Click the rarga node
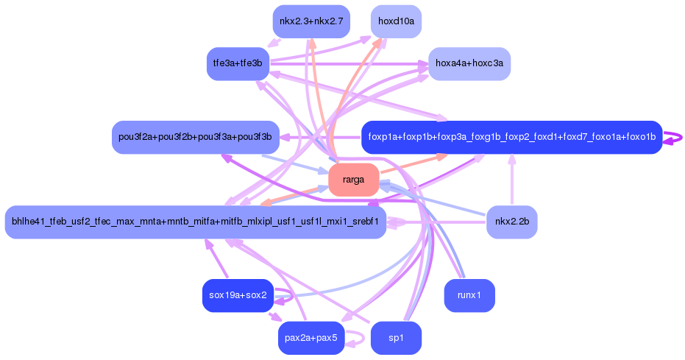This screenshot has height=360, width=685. tap(353, 180)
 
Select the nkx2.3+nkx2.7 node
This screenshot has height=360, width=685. tap(311, 21)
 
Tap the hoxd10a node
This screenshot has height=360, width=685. tap(396, 21)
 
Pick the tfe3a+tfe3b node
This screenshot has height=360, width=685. tap(238, 63)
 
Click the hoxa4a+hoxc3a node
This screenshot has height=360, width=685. tap(469, 63)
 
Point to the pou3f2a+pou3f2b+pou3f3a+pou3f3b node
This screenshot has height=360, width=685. tap(195, 137)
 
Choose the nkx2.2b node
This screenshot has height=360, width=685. tap(511, 222)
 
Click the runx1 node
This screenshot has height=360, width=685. tap(469, 295)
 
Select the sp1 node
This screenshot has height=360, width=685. tap(396, 338)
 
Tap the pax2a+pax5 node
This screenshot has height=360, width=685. tap(311, 338)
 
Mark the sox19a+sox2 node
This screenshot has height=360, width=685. tap(237, 295)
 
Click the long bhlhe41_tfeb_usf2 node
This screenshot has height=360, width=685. tap(195, 222)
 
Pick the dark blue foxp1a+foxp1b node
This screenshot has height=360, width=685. tap(511, 137)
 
